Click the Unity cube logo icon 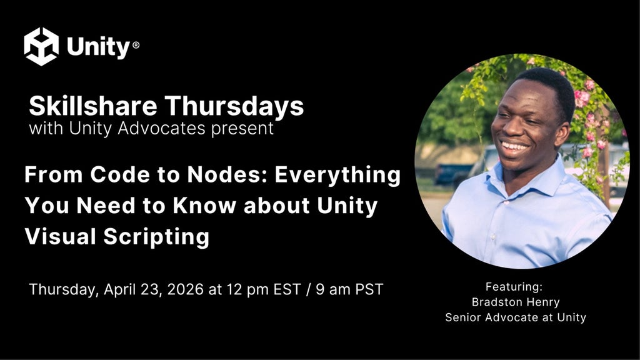tap(41, 46)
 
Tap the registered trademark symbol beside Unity tap(136, 45)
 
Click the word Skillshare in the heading tap(93, 106)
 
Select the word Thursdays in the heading tap(234, 106)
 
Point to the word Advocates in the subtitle tap(161, 128)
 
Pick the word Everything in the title tap(337, 176)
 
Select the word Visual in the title tap(61, 236)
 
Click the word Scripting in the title tap(156, 237)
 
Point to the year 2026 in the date tap(185, 289)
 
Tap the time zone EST tap(287, 289)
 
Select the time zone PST tap(369, 289)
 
